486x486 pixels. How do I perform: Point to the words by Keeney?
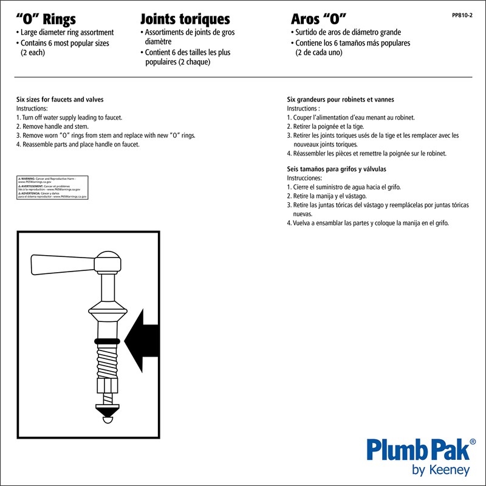pos(440,470)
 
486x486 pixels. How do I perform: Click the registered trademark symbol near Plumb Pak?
pos(473,443)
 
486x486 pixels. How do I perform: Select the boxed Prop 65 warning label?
pos(52,188)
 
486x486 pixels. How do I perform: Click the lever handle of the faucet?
pos(64,264)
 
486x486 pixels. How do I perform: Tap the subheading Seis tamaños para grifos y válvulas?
pos(337,169)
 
